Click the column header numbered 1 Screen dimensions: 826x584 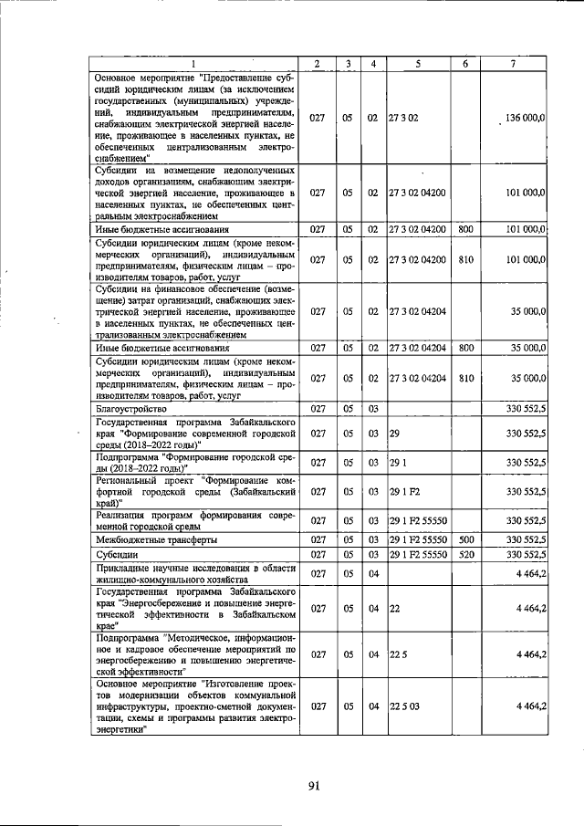[x=194, y=63]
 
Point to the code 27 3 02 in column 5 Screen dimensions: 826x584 [x=402, y=119]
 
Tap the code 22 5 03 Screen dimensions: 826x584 [x=403, y=706]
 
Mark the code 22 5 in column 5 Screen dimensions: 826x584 [x=398, y=654]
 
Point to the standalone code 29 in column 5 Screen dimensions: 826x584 [x=394, y=433]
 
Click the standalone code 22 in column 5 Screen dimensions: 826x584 [x=394, y=607]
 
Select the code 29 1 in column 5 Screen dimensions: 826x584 [x=397, y=462]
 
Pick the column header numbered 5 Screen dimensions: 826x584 [x=416, y=63]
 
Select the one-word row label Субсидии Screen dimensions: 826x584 [x=116, y=553]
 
